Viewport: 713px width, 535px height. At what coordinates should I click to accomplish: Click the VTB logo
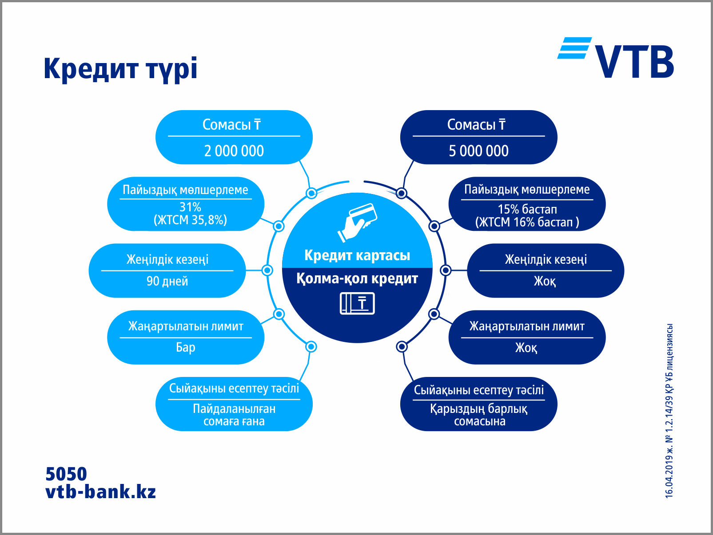coord(616,58)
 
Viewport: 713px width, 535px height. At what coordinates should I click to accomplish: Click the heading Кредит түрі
coord(120,69)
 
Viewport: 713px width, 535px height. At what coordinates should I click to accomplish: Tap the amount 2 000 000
coord(234,151)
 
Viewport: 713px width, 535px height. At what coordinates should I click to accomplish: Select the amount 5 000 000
coord(478,151)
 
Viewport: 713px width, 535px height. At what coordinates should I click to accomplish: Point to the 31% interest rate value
coord(190,207)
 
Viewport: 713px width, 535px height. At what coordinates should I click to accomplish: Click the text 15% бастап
coord(527,209)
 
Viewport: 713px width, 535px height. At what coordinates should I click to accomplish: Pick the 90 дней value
coord(167,281)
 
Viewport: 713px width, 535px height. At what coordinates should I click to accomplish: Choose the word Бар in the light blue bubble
coord(185,347)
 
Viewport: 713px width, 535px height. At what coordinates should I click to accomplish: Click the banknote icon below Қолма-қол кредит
coord(357,304)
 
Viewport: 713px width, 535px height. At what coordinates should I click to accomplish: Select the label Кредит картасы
coord(357,255)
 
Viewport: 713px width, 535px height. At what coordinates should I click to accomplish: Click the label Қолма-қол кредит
coord(357,279)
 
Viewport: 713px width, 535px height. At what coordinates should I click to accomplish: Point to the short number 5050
coord(66,474)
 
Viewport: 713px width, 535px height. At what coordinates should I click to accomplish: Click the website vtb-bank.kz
coord(101,492)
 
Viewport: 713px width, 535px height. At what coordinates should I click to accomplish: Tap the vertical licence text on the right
coord(669,411)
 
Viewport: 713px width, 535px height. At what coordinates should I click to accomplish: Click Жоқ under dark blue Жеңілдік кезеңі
coord(545,281)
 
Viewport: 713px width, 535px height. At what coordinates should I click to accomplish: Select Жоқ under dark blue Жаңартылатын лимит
coord(526,347)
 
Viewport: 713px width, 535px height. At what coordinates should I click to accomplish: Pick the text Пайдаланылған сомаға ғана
coord(234,415)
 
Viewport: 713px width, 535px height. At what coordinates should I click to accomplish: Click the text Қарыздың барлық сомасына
coord(479,415)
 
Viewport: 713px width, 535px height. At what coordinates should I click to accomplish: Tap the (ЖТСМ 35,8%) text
coord(190,220)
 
